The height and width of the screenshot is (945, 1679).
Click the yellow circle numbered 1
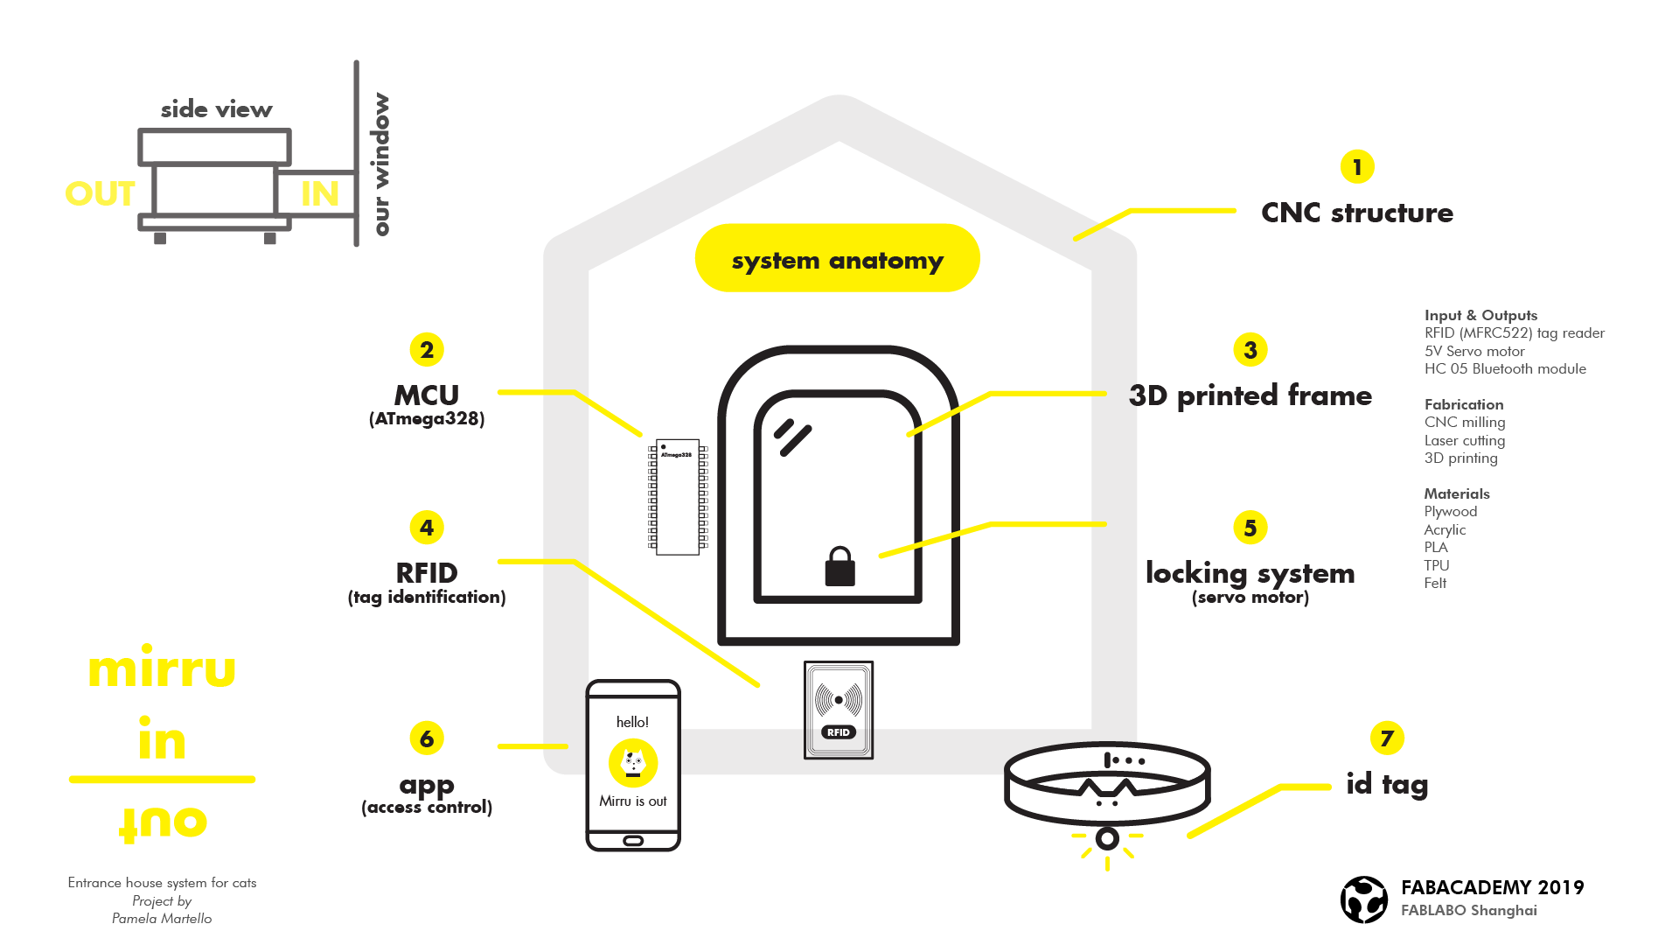click(1357, 166)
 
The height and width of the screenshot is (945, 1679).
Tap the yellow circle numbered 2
click(427, 350)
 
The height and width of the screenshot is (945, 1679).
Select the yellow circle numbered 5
click(1251, 528)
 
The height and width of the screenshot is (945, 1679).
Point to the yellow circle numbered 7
click(1387, 738)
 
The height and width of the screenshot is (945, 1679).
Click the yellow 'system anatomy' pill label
click(837, 259)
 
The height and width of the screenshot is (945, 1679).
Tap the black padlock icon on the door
click(839, 567)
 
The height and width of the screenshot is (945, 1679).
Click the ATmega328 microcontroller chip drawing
click(678, 496)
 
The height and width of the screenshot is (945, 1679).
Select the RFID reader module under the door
click(839, 698)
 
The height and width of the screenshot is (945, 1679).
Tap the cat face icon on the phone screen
click(633, 762)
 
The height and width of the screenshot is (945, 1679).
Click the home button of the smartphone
click(633, 840)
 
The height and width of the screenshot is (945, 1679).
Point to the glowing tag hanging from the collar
click(1107, 838)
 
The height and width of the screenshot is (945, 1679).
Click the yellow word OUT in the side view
click(101, 194)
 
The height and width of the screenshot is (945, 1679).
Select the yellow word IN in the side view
click(320, 194)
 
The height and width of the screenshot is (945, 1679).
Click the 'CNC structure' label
click(1356, 213)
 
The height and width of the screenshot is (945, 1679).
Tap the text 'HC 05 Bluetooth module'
click(1504, 368)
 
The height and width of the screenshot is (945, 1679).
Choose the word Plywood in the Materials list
click(1450, 511)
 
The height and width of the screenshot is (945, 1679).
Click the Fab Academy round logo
click(1363, 899)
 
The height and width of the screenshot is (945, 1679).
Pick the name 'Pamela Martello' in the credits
click(162, 918)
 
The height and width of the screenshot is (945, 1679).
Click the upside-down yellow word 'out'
click(163, 822)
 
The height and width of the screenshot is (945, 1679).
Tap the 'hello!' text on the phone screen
click(632, 722)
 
